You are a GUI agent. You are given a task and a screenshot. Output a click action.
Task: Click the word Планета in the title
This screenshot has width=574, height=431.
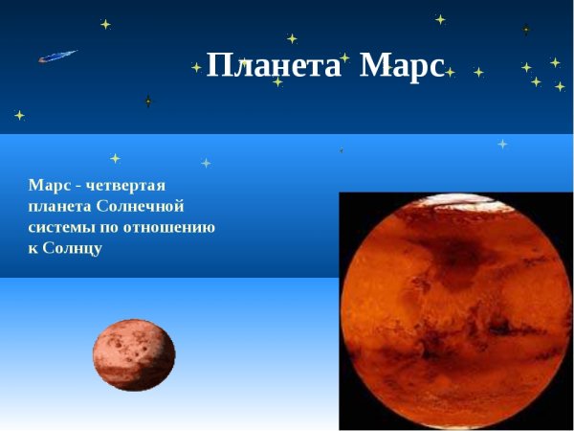pos(273,66)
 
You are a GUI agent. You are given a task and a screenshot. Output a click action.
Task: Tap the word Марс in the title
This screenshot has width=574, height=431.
pos(402,66)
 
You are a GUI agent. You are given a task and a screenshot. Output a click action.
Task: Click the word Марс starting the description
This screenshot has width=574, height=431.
pos(47,185)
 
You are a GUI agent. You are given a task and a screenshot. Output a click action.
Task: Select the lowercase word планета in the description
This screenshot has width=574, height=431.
pos(60,206)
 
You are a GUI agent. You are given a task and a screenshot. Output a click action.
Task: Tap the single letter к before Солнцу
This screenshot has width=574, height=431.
pos(33,248)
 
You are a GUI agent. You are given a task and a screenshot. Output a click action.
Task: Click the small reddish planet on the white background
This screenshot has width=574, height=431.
pos(134,355)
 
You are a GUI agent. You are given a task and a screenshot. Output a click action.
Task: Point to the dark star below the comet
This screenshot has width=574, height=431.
pos(148,101)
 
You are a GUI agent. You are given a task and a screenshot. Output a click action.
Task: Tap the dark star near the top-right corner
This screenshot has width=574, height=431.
pos(526,30)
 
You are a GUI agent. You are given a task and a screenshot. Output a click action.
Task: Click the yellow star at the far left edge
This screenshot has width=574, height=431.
pos(19,115)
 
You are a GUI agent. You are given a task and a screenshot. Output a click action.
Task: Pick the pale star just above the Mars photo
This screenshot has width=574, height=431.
pos(502,144)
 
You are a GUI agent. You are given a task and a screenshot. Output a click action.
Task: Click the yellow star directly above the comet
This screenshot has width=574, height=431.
pos(105,24)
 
